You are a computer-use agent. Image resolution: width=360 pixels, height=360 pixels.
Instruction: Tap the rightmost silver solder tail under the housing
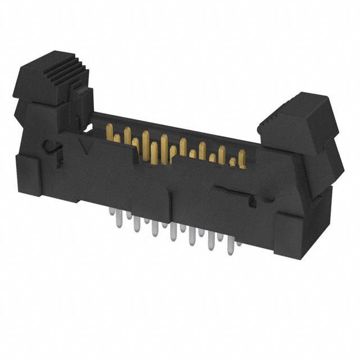[240, 242]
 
